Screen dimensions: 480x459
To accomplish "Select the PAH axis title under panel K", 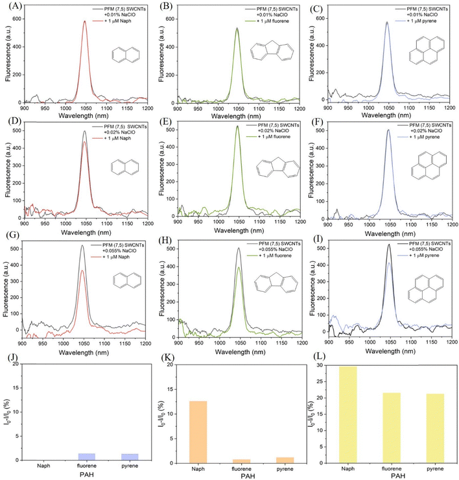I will (239, 475).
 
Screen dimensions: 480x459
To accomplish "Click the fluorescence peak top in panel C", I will (387, 23).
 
